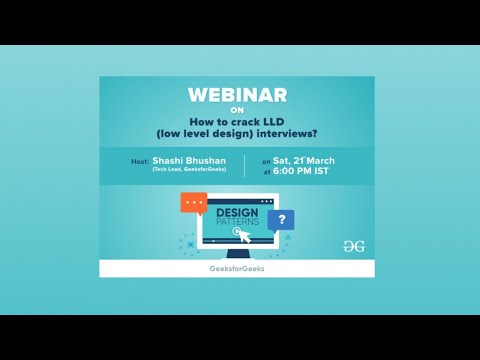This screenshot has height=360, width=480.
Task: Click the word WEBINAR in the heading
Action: click(237, 95)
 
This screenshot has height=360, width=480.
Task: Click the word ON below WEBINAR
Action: click(237, 111)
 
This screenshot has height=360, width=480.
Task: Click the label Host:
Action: click(140, 161)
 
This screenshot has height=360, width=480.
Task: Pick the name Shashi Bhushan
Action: click(188, 161)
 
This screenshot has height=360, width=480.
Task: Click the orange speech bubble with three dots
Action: click(193, 203)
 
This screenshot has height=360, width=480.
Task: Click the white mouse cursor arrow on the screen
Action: click(239, 236)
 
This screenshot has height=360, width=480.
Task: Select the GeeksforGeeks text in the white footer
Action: click(237, 269)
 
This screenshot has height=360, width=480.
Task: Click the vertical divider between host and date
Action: click(244, 166)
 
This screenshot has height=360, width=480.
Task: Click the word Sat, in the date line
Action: click(282, 161)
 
